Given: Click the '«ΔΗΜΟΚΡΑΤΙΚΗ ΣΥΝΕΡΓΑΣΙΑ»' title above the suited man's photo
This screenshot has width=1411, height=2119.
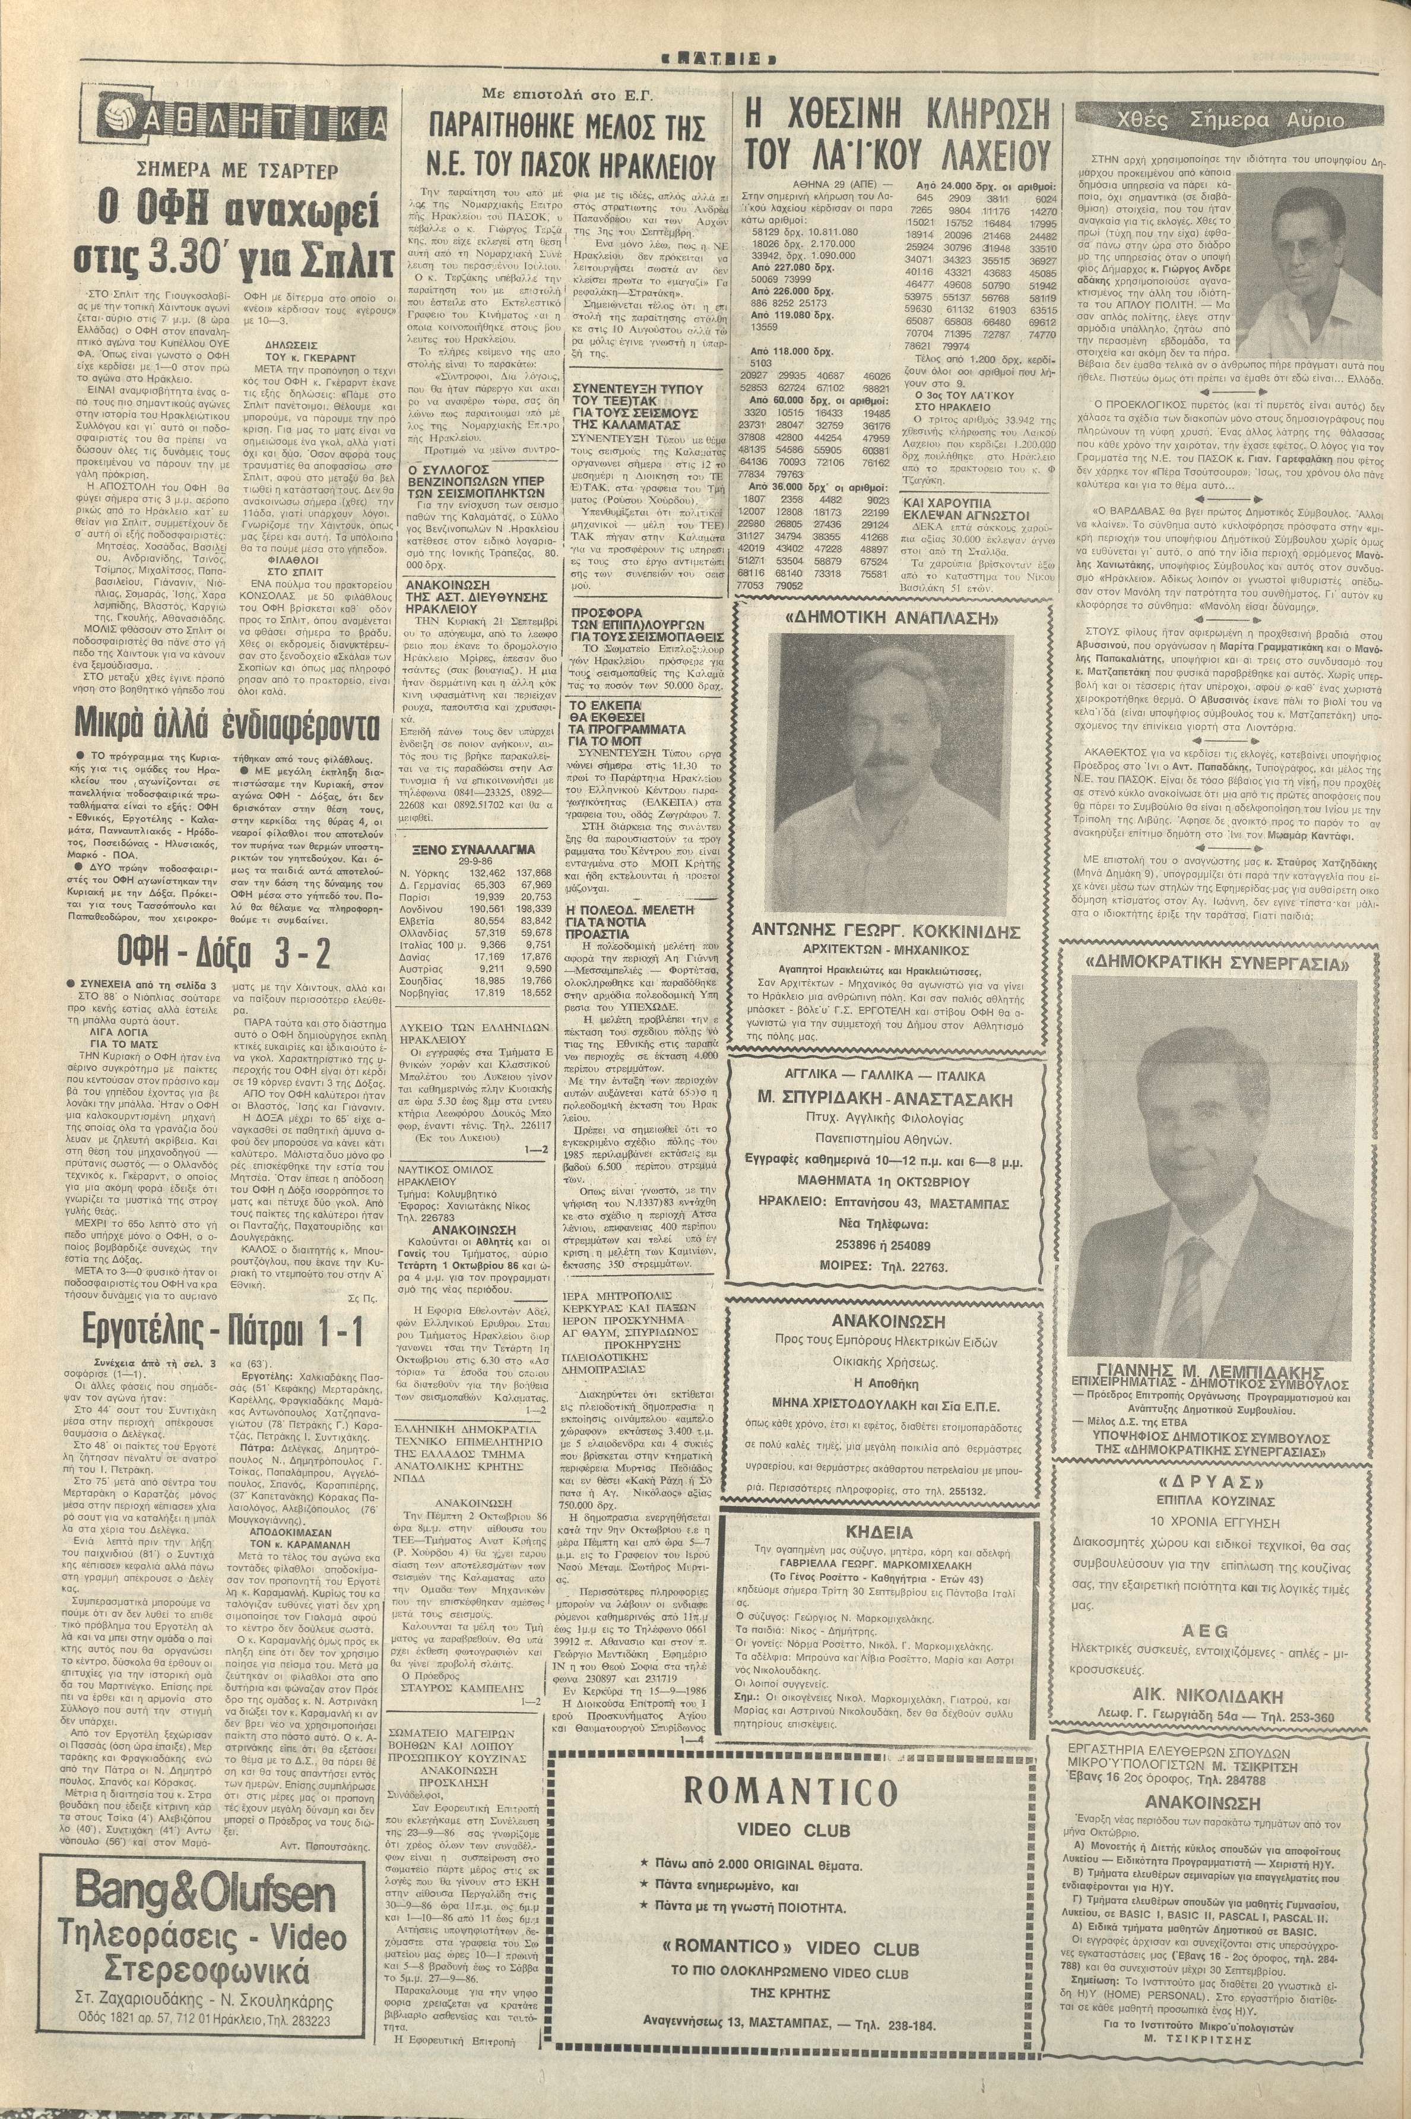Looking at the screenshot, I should coord(1228,964).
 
